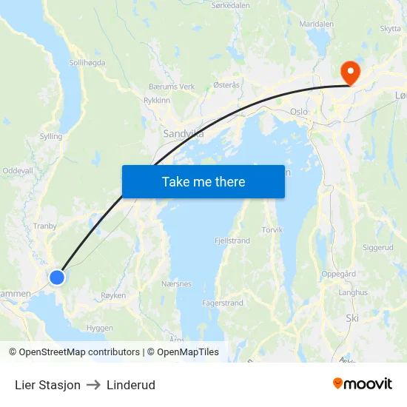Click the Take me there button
[x=203, y=181]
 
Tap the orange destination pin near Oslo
[x=349, y=73]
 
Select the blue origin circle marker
[x=56, y=277]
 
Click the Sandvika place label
[x=183, y=135]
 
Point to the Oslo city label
[x=298, y=112]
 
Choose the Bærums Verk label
[x=172, y=87]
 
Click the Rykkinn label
[x=157, y=100]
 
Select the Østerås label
[x=226, y=85]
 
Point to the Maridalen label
[x=316, y=24]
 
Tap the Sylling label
[x=51, y=137]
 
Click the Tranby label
[x=45, y=227]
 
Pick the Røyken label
[x=112, y=295]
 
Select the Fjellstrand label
[x=232, y=240]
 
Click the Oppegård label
[x=338, y=274]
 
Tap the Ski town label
[x=352, y=317]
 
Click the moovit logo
[x=362, y=383]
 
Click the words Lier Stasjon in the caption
[x=47, y=385]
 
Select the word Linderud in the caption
[x=131, y=385]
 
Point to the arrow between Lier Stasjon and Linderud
[x=93, y=385]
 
